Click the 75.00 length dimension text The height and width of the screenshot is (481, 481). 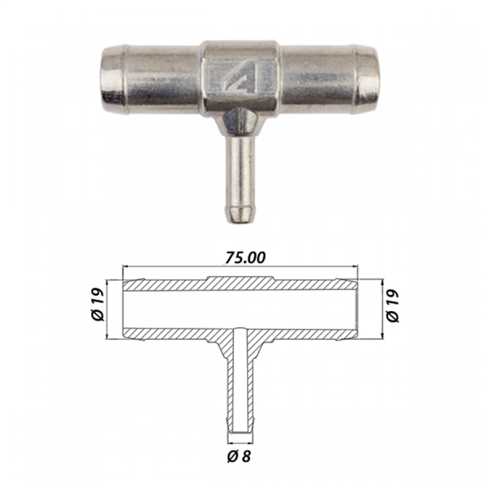245,258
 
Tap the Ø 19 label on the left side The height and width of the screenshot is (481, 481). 98,305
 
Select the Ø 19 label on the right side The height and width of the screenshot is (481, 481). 393,306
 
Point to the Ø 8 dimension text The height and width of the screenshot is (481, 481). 239,456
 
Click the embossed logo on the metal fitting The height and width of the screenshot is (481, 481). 241,77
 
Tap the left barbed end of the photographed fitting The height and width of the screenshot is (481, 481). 113,80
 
